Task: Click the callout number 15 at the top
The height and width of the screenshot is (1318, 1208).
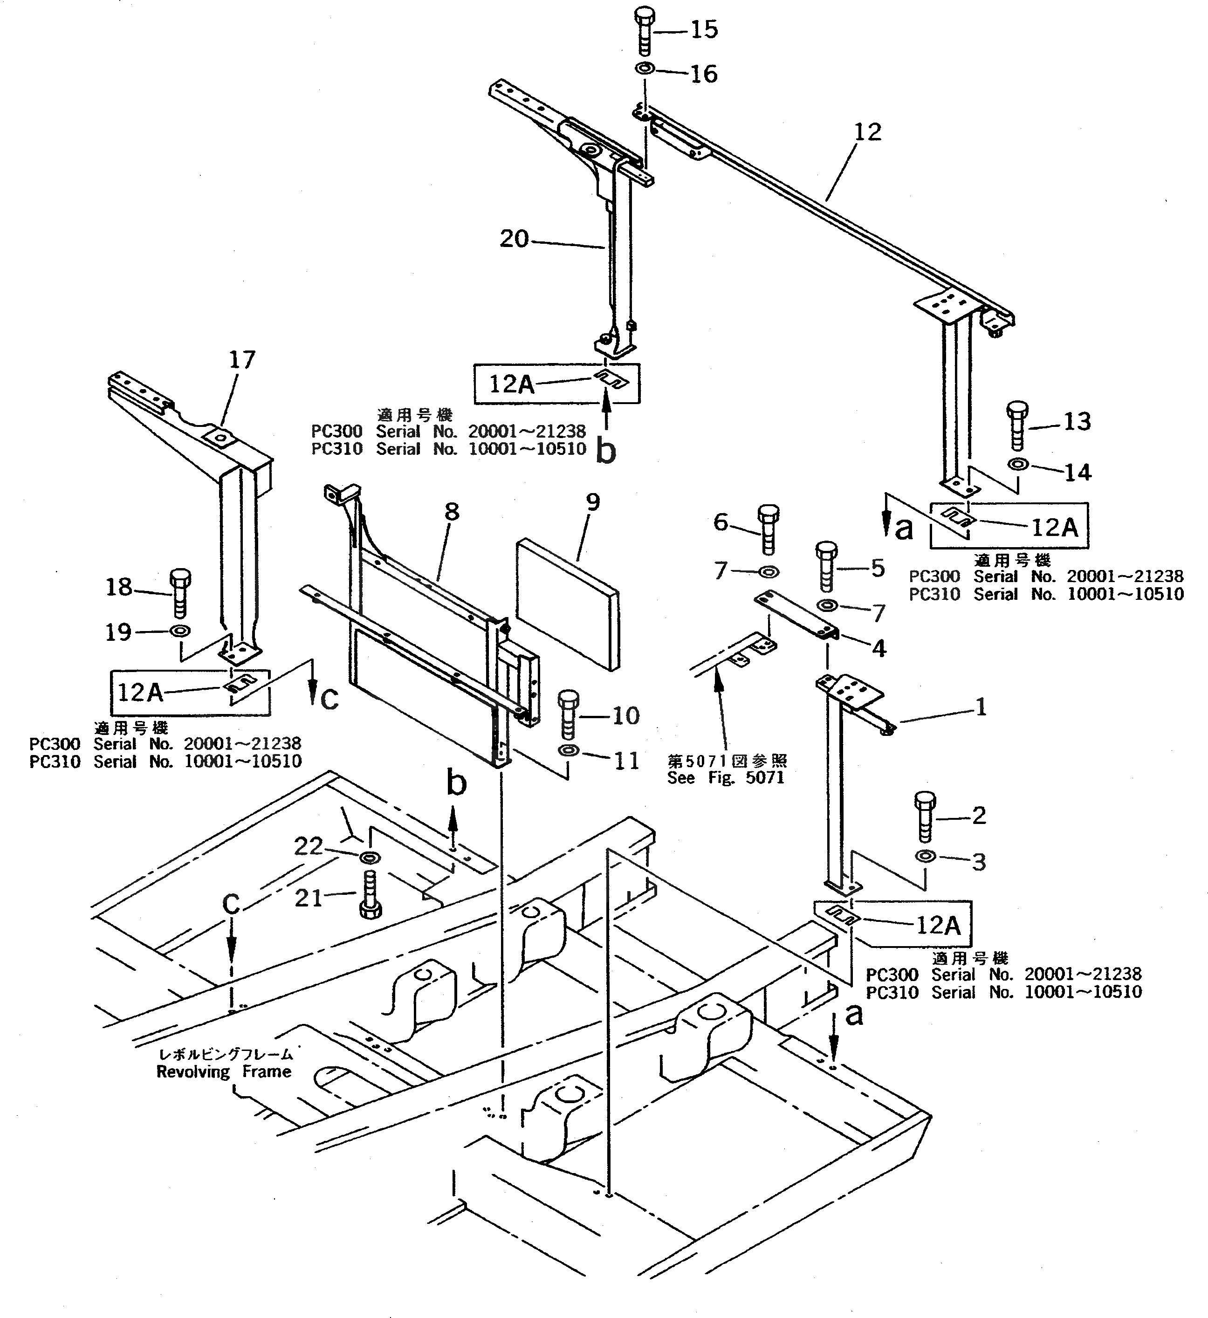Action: click(704, 29)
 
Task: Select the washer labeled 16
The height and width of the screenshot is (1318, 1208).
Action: click(645, 68)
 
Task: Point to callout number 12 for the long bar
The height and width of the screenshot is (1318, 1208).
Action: click(867, 132)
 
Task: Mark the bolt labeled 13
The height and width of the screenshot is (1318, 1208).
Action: click(1016, 425)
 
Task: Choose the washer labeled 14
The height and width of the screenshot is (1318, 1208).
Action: click(1018, 465)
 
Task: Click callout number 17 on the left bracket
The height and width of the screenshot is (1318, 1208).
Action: click(242, 360)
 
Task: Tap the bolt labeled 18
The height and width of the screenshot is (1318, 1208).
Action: click(180, 592)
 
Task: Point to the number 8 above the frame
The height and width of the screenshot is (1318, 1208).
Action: click(452, 512)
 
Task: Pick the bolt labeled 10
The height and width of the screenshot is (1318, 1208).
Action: click(567, 714)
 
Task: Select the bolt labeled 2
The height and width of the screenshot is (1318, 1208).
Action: click(925, 816)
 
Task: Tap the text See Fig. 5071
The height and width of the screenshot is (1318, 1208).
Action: click(726, 777)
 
